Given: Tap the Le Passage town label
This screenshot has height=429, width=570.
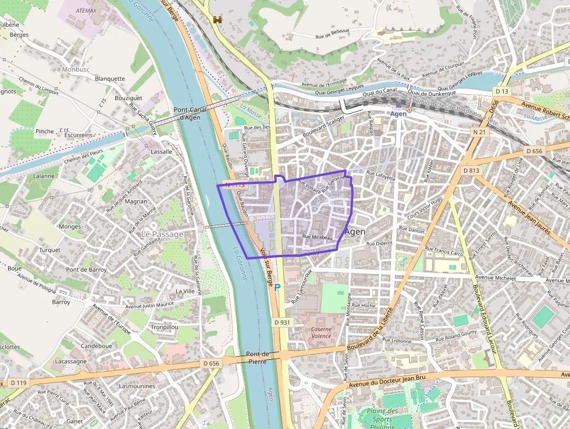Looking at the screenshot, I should (162, 234).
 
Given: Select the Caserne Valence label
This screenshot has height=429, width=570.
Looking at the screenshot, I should (321, 332).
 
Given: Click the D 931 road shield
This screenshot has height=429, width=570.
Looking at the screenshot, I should (282, 322).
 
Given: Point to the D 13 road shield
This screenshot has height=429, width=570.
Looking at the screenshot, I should (502, 91).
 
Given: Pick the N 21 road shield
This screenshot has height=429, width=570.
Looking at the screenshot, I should (479, 132).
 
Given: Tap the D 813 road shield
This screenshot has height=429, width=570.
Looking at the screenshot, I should (472, 171).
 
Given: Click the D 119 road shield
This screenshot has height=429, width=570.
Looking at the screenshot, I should (18, 382).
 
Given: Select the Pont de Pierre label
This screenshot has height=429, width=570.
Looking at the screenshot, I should (257, 357).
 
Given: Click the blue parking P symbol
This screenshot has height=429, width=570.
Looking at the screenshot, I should (277, 287).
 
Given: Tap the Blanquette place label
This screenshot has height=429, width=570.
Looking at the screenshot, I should (109, 79).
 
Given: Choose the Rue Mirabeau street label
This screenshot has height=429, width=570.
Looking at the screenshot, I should (317, 237).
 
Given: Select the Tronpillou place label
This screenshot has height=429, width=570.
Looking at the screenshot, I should (165, 327).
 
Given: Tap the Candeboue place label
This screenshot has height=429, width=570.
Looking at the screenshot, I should (97, 346).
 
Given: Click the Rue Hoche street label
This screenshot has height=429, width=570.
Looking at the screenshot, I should (364, 305).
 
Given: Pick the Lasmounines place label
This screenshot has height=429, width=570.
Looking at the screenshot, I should (137, 386).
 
